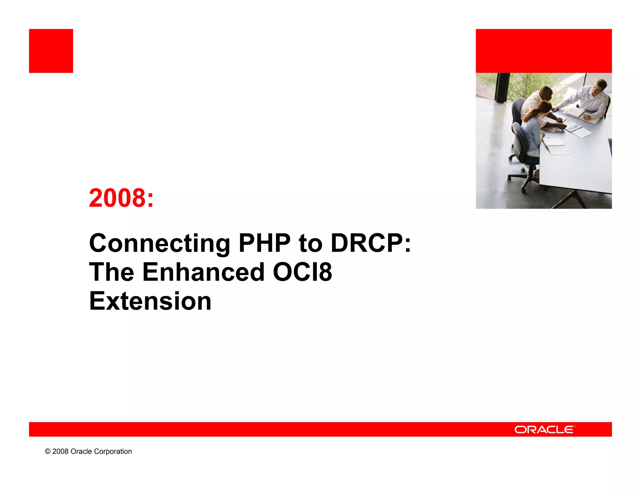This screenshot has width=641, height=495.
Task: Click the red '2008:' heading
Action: pyautogui.click(x=121, y=198)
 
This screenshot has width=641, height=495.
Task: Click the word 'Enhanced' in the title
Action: pyautogui.click(x=203, y=272)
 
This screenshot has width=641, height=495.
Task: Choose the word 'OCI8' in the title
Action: pyautogui.click(x=302, y=272)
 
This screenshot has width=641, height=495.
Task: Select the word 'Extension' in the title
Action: pyautogui.click(x=150, y=301)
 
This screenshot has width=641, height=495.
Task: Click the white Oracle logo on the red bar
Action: pyautogui.click(x=544, y=430)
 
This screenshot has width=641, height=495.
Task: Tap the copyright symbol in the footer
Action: pyautogui.click(x=48, y=452)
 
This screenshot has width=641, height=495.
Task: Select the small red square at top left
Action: pyautogui.click(x=51, y=51)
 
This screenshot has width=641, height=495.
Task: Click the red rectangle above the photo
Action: pyautogui.click(x=544, y=51)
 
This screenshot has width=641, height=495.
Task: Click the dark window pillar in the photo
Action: pyautogui.click(x=502, y=88)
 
